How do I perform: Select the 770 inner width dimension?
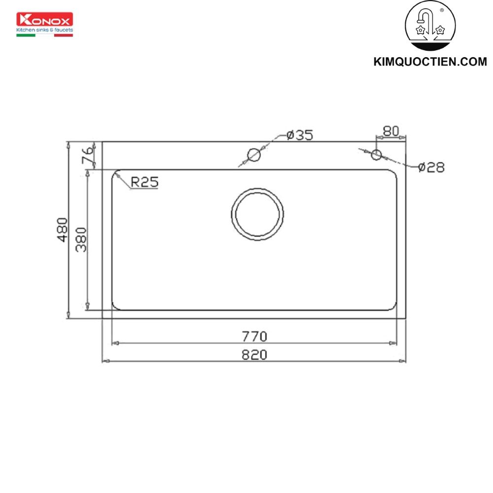click(254, 336)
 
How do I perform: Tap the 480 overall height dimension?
click(62, 229)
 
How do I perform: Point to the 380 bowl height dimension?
click(81, 239)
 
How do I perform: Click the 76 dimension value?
click(87, 156)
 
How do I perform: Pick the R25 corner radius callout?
click(144, 182)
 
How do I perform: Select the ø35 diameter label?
click(299, 135)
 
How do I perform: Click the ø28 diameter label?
click(431, 168)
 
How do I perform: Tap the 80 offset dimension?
click(390, 131)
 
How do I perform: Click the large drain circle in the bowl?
click(257, 214)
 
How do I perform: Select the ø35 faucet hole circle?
click(254, 155)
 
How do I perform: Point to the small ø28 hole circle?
click(377, 155)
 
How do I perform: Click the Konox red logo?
click(45, 20)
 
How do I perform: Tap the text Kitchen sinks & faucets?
click(45, 30)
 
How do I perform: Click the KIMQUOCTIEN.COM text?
click(430, 62)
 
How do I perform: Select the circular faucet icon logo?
click(430, 27)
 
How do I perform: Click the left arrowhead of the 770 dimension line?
click(115, 343)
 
